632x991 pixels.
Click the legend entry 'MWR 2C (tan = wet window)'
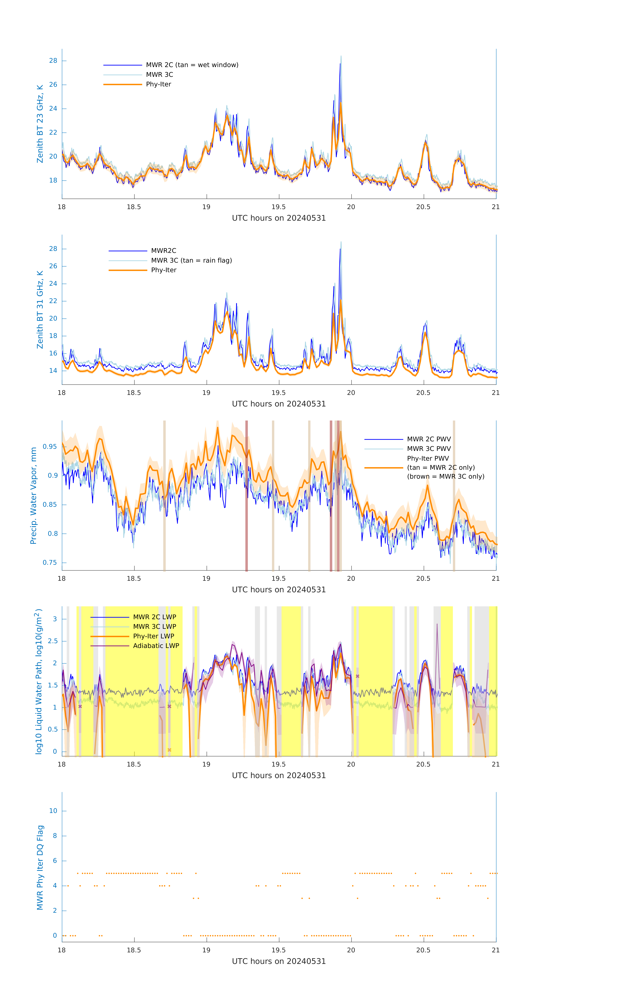(192, 65)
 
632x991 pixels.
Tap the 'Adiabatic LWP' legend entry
(156, 646)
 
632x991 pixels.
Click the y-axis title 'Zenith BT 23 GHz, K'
(40, 124)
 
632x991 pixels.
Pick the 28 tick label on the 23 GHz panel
(53, 61)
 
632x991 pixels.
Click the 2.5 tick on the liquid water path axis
(52, 641)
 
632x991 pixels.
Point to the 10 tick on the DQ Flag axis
(53, 811)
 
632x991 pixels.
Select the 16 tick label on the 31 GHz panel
(53, 353)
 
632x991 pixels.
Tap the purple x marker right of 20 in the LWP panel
(357, 676)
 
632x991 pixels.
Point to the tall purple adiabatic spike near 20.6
(437, 625)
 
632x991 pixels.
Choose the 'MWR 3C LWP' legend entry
(154, 626)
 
